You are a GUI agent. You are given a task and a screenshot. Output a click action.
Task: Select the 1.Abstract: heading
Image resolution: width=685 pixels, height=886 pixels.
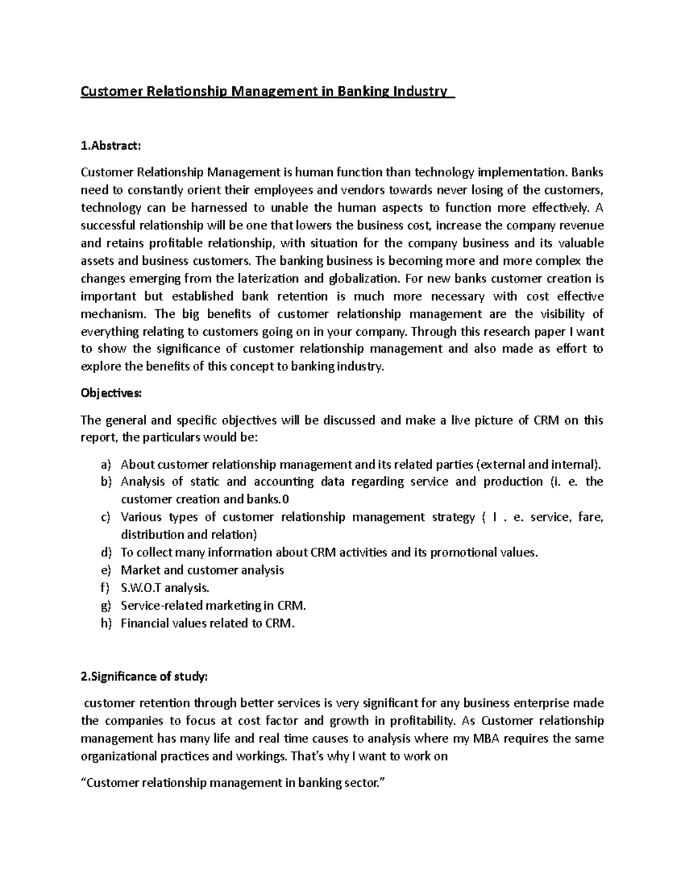(110, 146)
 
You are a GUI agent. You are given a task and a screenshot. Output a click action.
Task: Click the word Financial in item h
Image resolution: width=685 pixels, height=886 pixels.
(142, 623)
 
